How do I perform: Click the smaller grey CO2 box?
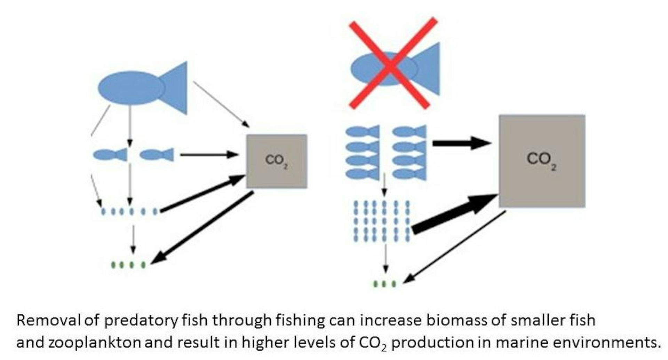tap(277, 161)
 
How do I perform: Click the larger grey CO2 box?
tap(542, 161)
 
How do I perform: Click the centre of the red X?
tap(392, 63)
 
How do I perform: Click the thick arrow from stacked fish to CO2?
tap(461, 143)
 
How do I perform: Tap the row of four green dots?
tap(128, 265)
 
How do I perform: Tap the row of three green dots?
tap(384, 284)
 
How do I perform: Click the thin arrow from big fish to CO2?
tap(221, 104)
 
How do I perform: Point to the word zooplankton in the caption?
tap(94, 343)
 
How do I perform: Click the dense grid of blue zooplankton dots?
tap(382, 221)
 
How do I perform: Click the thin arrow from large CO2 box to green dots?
tap(454, 247)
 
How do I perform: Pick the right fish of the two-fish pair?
tap(157, 155)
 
